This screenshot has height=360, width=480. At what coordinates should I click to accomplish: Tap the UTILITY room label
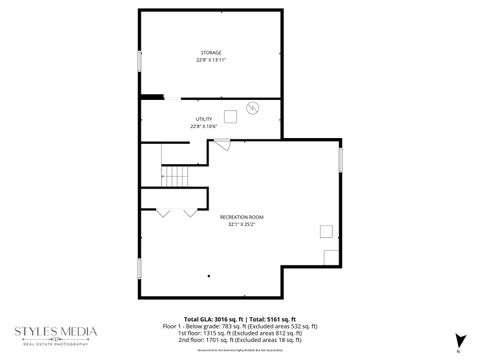(204, 119)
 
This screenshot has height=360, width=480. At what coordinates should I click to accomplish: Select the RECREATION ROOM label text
(241, 216)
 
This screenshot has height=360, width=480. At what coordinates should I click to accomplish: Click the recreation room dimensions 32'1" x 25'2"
(241, 224)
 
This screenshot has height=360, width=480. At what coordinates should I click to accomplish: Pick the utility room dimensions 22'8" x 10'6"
(204, 127)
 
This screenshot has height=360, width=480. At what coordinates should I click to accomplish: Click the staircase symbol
(176, 178)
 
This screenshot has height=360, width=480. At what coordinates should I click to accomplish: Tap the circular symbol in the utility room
(252, 107)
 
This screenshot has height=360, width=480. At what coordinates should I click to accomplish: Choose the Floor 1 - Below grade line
(240, 325)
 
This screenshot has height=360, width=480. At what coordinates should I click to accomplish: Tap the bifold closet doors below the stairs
(176, 212)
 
